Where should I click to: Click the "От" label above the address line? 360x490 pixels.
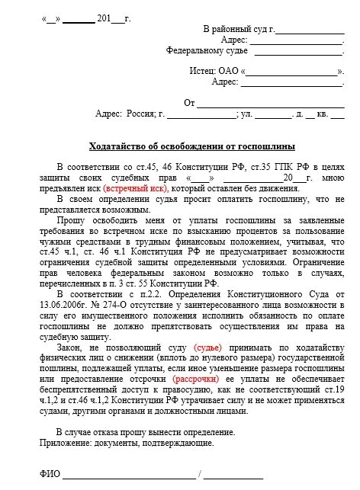[190, 102]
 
